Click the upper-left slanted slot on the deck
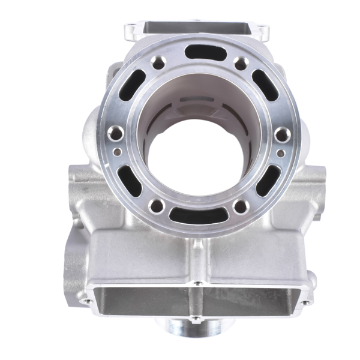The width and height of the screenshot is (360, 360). point(137,82)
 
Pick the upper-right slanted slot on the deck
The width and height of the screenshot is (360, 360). point(265,84)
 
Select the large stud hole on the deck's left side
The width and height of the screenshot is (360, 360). point(116,133)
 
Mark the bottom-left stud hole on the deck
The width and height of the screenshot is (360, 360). point(157,206)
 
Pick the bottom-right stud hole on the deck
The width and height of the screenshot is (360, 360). point(241,207)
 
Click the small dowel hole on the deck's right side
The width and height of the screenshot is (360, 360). point(281,153)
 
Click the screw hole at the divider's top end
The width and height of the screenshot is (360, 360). point(196,282)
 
